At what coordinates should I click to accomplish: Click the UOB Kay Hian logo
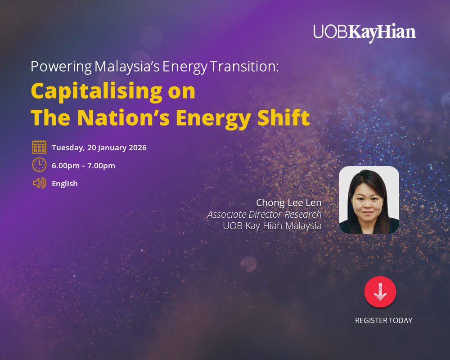(x=364, y=32)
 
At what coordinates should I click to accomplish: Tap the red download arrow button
(x=380, y=292)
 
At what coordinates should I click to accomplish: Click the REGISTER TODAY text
(x=383, y=321)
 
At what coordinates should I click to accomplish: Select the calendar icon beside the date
(x=40, y=147)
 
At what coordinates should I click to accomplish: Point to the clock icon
(x=40, y=165)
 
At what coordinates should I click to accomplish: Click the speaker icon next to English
(x=40, y=183)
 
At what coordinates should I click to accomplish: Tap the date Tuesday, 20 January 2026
(x=99, y=148)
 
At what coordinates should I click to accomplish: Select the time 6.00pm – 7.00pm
(x=83, y=166)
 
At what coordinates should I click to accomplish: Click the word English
(x=65, y=184)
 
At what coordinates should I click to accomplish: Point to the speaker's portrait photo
(x=369, y=200)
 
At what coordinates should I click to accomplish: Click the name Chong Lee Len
(x=288, y=203)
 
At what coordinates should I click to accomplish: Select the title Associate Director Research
(x=264, y=215)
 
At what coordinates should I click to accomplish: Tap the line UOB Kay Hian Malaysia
(x=272, y=226)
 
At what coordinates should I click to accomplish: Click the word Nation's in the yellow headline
(x=123, y=117)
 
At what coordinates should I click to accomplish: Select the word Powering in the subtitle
(x=61, y=67)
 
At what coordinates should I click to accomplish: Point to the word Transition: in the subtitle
(x=244, y=67)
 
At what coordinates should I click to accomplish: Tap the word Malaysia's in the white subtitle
(x=127, y=67)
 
